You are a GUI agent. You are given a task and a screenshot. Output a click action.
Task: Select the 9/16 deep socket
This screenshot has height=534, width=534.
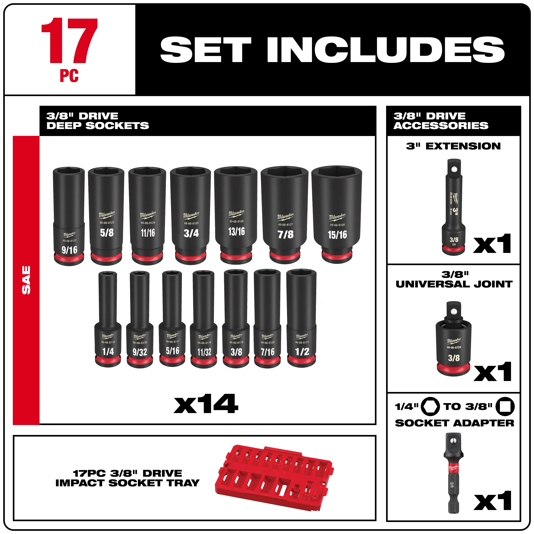[x=69, y=216]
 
